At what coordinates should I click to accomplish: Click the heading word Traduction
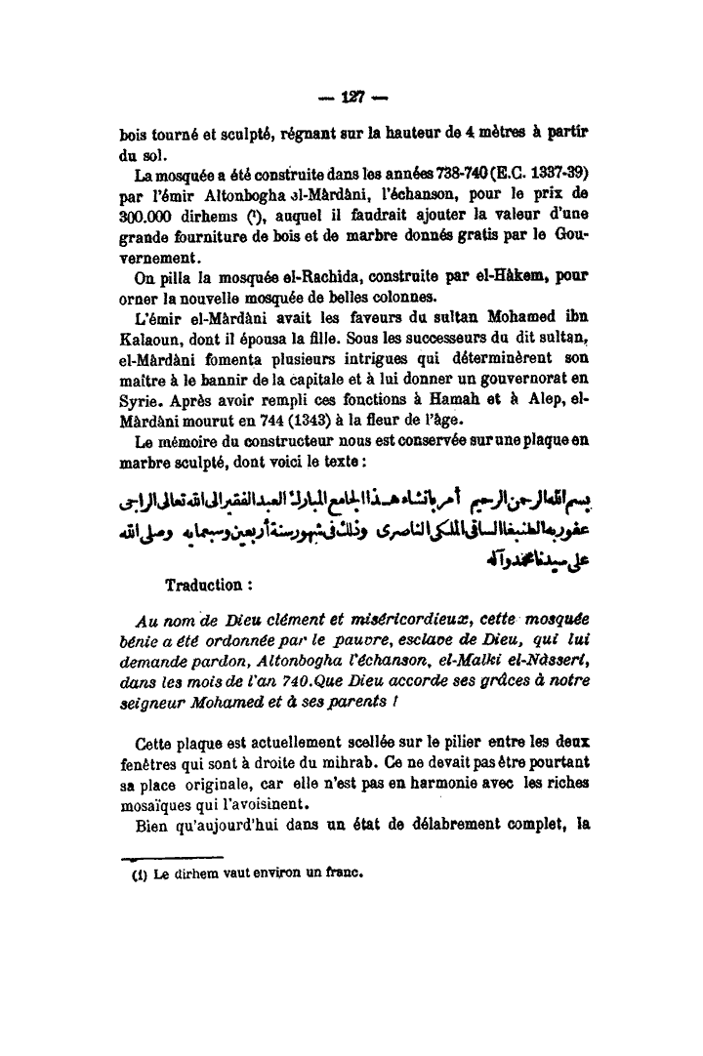204,586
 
